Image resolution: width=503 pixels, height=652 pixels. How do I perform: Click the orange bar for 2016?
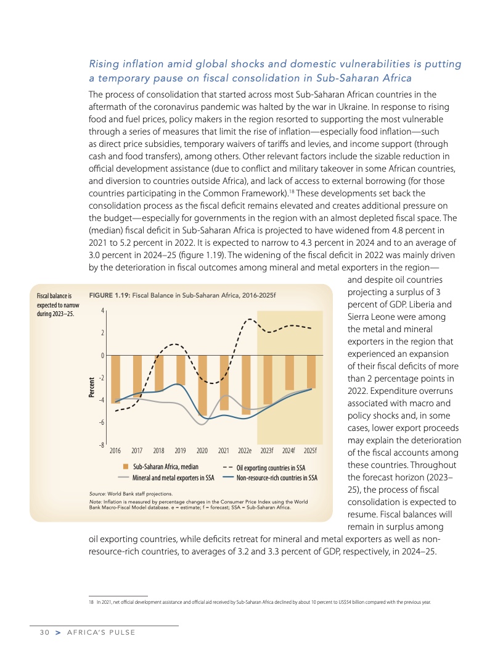115,379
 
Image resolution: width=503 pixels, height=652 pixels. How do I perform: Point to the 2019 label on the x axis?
181,450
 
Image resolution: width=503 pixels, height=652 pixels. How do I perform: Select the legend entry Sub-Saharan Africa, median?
165,467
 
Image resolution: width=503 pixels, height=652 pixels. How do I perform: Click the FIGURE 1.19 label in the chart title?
110,295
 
